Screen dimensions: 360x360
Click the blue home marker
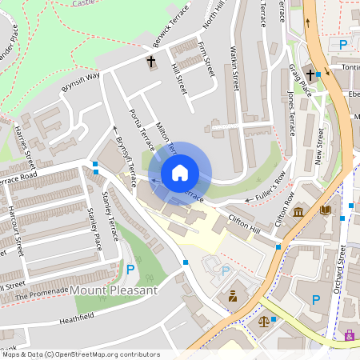pos(180,172)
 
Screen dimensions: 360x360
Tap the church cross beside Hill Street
pos(150,61)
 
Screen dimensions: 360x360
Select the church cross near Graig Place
pos(309,75)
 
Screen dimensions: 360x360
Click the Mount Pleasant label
pos(114,290)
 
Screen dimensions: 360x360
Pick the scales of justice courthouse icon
pos(264,321)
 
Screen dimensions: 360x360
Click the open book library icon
pos(325,210)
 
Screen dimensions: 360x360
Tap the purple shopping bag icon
pos(350,335)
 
